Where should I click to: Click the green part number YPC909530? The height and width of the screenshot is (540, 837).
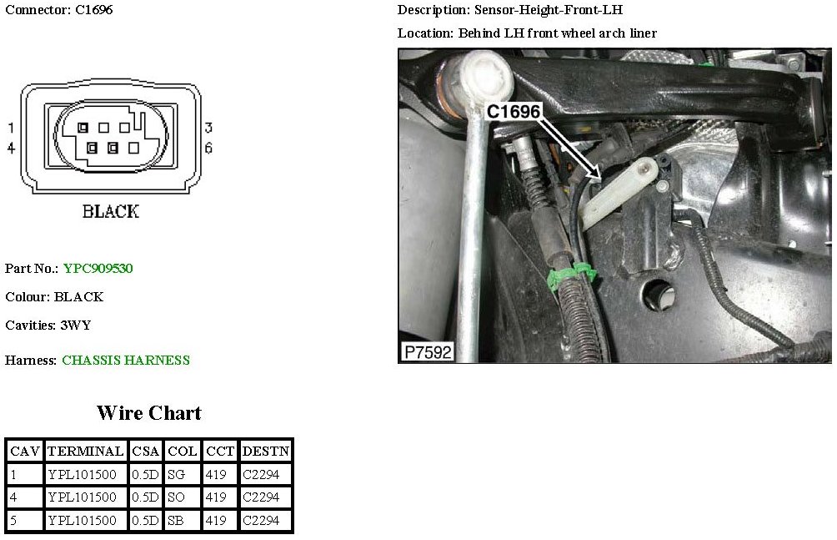pyautogui.click(x=98, y=268)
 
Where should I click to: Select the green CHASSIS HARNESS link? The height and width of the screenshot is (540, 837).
pyautogui.click(x=126, y=360)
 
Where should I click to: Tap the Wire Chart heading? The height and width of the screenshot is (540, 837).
pyautogui.click(x=149, y=413)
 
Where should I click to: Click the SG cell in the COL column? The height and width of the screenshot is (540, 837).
pyautogui.click(x=176, y=474)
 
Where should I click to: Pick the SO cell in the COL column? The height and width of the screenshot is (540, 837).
pyautogui.click(x=176, y=497)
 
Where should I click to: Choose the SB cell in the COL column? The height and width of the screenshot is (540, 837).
pyautogui.click(x=176, y=520)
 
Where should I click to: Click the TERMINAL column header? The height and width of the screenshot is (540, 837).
pyautogui.click(x=85, y=452)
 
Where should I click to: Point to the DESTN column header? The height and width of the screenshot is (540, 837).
pyautogui.click(x=266, y=452)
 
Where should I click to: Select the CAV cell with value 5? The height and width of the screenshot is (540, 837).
pyautogui.click(x=13, y=520)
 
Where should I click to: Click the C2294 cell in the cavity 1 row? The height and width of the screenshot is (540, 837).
pyautogui.click(x=261, y=474)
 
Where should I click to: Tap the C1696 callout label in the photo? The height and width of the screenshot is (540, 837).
pyautogui.click(x=514, y=111)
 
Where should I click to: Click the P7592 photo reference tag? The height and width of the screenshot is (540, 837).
pyautogui.click(x=429, y=352)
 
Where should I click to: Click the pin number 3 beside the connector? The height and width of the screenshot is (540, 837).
pyautogui.click(x=208, y=128)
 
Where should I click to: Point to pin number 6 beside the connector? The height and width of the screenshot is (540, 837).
pyautogui.click(x=208, y=148)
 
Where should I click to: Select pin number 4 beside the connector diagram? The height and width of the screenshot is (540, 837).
pyautogui.click(x=11, y=148)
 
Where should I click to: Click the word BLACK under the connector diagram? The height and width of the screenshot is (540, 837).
pyautogui.click(x=111, y=211)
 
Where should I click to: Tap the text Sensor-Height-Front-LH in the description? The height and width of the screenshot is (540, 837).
pyautogui.click(x=549, y=10)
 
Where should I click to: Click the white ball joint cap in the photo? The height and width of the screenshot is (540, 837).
pyautogui.click(x=486, y=76)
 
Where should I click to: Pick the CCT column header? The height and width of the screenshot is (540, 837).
pyautogui.click(x=220, y=452)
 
